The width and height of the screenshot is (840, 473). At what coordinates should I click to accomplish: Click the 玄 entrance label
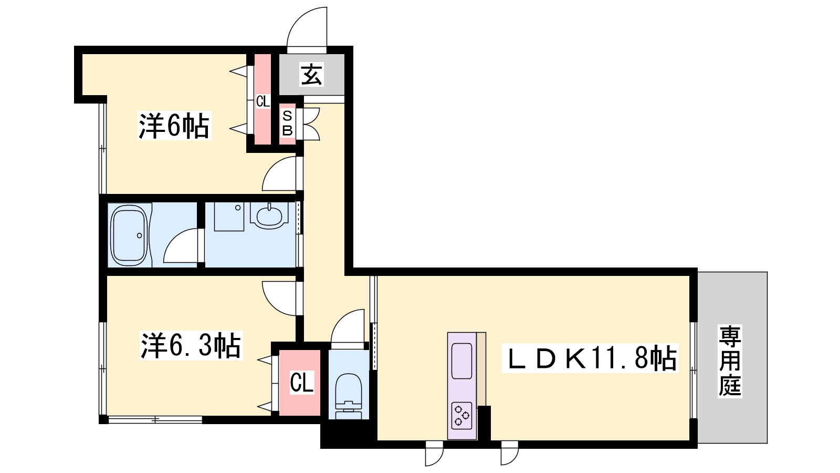point(311,75)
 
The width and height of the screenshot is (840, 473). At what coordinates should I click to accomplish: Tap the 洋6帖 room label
point(174,126)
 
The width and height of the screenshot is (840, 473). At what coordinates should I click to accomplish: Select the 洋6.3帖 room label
point(191,345)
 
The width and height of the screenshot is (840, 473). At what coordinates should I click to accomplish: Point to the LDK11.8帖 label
point(590,358)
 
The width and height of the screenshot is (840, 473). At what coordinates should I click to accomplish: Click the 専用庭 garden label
point(730,361)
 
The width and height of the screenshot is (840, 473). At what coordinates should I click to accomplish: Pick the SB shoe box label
point(287,123)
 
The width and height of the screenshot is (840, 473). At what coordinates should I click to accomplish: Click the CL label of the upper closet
point(263,101)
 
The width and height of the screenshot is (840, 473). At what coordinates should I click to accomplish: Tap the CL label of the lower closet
point(301,383)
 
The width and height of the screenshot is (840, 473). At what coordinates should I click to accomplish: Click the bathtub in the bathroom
point(129,235)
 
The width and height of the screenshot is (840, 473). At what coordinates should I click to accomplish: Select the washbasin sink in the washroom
point(269,216)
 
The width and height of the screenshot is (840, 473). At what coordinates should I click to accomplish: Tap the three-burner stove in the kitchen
point(461,415)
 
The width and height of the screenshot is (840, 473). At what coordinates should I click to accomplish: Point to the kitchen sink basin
point(461,361)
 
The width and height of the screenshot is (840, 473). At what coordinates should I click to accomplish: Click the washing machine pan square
point(229,217)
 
